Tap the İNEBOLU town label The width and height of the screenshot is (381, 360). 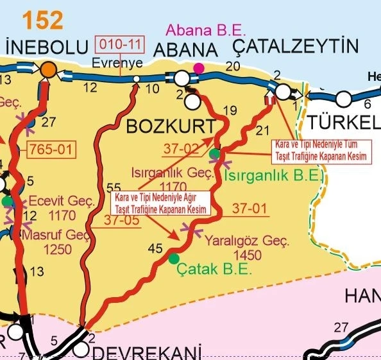46,48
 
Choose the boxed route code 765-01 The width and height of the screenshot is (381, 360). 51,150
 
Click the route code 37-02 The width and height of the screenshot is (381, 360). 181,149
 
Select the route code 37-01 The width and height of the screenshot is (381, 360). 249,209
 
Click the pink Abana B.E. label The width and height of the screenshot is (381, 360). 198,30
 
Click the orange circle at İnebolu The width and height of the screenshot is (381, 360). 47,72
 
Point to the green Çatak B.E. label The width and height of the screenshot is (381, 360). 215,270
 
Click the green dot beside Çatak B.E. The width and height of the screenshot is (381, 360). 174,259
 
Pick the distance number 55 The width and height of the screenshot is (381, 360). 113,187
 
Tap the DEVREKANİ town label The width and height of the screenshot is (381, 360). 148,352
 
